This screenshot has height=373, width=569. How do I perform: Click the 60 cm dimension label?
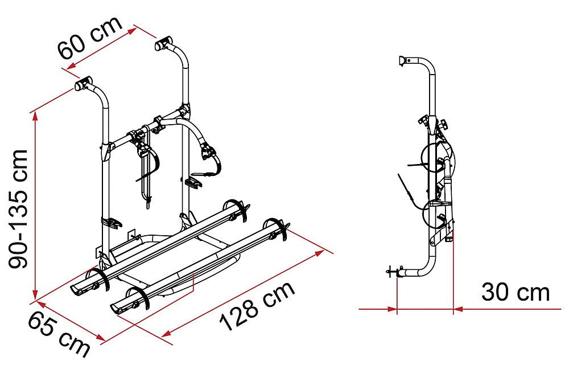tap(90, 38)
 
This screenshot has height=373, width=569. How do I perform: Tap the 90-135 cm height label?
tap(18, 209)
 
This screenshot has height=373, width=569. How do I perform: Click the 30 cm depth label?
tap(516, 292)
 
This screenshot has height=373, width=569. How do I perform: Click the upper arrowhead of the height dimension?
tap(35, 116)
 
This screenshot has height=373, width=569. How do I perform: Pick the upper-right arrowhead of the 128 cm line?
tap(319, 252)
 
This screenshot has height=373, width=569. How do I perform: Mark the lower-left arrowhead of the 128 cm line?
tap(167, 333)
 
